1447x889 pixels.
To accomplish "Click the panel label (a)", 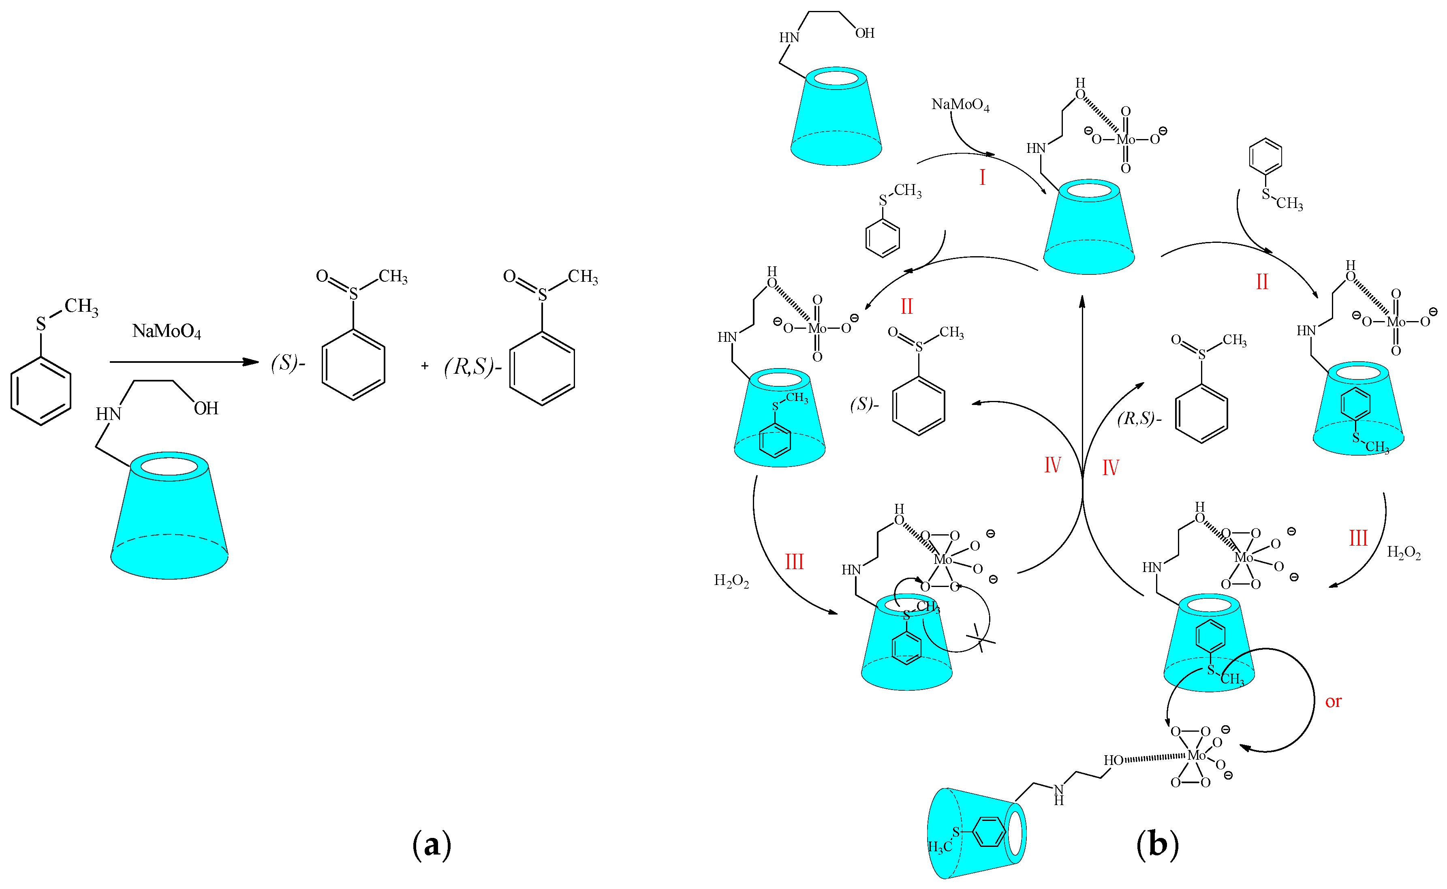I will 432,845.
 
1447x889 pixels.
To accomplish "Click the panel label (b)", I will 1157,845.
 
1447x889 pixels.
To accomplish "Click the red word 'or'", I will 1333,701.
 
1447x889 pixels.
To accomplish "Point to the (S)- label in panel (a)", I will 287,364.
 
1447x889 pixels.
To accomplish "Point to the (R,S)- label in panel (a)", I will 472,367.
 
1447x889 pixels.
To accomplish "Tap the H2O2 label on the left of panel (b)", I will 731,581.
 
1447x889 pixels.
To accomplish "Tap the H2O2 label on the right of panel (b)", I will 1404,553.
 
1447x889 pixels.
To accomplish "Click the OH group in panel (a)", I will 206,409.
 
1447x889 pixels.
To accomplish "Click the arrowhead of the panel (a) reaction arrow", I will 253,362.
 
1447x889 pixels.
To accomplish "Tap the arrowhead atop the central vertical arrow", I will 1082,301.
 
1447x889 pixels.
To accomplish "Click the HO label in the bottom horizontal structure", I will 1113,760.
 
